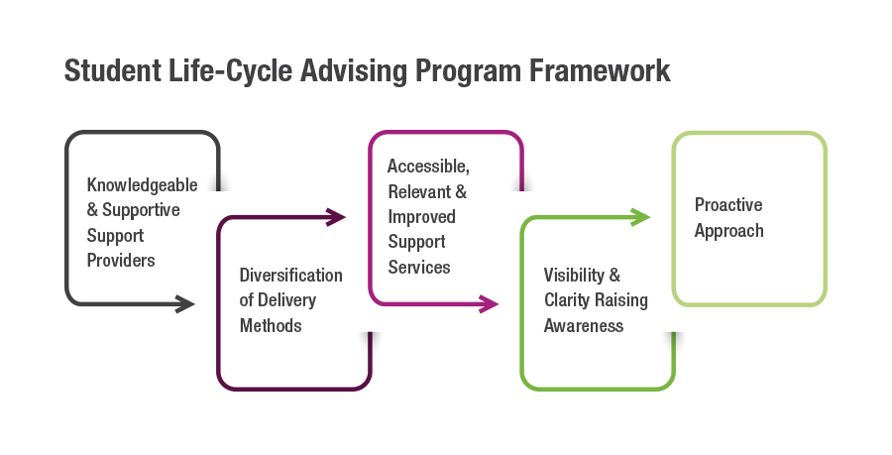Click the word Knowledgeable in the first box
(x=142, y=185)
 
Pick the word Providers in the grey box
(x=121, y=261)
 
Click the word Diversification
(x=290, y=275)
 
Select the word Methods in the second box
(x=271, y=325)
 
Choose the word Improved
(x=421, y=216)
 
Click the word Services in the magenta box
(x=418, y=267)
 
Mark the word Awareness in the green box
(x=584, y=325)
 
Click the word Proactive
(x=728, y=205)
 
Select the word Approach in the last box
(x=728, y=231)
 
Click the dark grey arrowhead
(x=185, y=303)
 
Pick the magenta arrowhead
(x=489, y=303)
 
